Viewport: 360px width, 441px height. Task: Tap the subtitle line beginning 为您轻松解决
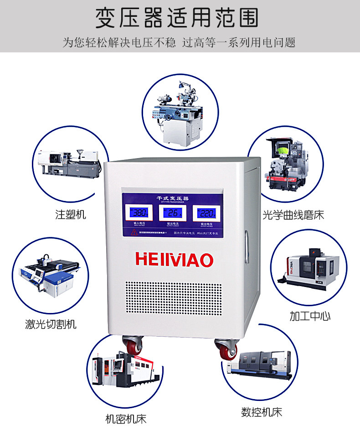click(x=179, y=43)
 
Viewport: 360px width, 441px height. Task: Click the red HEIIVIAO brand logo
click(x=174, y=259)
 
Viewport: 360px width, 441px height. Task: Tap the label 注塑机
click(x=71, y=214)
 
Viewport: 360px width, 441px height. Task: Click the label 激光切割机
click(x=51, y=324)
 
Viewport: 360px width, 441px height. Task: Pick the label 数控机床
click(x=262, y=412)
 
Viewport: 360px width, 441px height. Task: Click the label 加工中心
click(x=310, y=316)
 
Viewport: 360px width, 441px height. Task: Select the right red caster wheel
click(x=227, y=350)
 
